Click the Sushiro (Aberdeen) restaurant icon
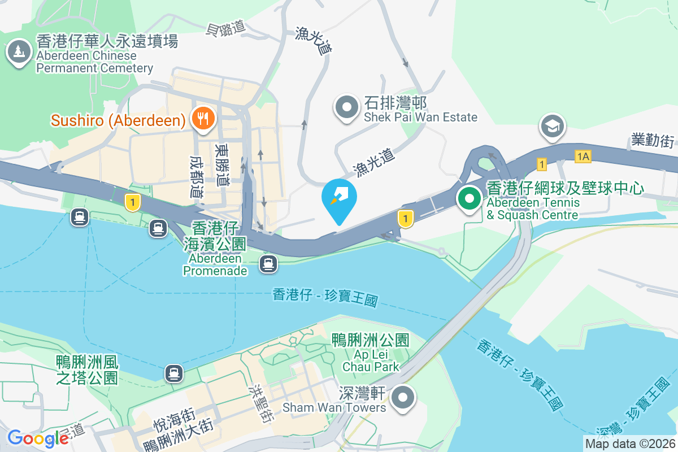coord(202,119)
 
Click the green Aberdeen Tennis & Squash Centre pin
coord(469,199)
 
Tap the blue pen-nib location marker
coord(339,199)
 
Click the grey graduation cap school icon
coord(553,126)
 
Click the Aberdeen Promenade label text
coord(215,264)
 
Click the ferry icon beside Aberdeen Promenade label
coord(268,263)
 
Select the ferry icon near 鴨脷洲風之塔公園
coord(174,373)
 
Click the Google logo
coord(38,438)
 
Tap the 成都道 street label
coord(196,177)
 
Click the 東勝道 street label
coord(221,163)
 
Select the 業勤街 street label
coord(653,140)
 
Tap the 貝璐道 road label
coord(226,27)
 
